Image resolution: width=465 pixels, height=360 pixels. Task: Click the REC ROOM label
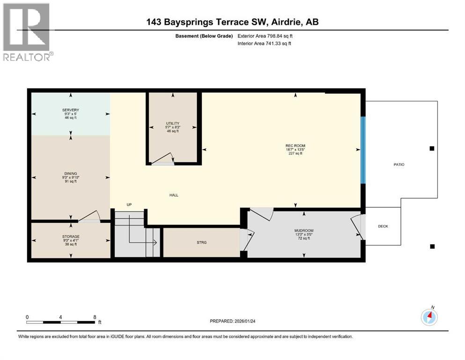[295, 146]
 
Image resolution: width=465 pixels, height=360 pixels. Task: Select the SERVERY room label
[70, 110]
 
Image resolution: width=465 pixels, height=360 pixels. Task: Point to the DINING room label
[71, 173]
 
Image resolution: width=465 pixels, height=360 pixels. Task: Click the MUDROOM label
[304, 230]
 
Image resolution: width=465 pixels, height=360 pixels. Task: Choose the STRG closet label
[201, 242]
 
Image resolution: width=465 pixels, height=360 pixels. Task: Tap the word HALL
[174, 195]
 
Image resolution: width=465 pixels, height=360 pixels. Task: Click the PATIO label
[399, 165]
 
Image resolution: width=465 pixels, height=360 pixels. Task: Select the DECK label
[383, 226]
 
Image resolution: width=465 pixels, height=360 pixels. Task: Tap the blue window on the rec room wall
[362, 150]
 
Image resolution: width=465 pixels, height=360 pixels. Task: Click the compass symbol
[429, 317]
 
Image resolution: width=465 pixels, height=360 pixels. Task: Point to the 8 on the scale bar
[95, 317]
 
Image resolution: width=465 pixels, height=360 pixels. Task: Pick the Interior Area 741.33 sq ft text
[265, 44]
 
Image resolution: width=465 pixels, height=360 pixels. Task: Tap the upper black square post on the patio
[432, 149]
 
